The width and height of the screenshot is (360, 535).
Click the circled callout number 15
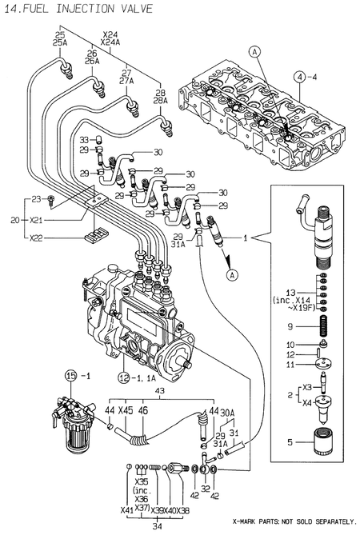[70, 375]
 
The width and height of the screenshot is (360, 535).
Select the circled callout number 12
[124, 376]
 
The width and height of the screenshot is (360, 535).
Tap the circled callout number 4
[298, 77]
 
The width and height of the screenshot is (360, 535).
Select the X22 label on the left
[36, 238]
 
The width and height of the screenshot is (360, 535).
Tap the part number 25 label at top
[59, 34]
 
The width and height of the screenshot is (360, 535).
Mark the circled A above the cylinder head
[254, 52]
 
